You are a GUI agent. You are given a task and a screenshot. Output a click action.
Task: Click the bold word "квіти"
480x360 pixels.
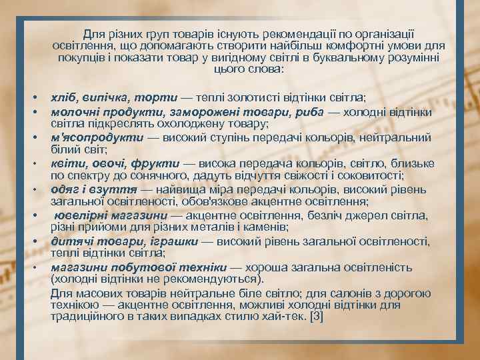65,163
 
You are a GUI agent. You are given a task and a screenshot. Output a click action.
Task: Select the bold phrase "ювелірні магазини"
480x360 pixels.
111,215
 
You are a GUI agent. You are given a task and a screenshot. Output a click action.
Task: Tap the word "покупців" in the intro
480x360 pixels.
79,58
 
